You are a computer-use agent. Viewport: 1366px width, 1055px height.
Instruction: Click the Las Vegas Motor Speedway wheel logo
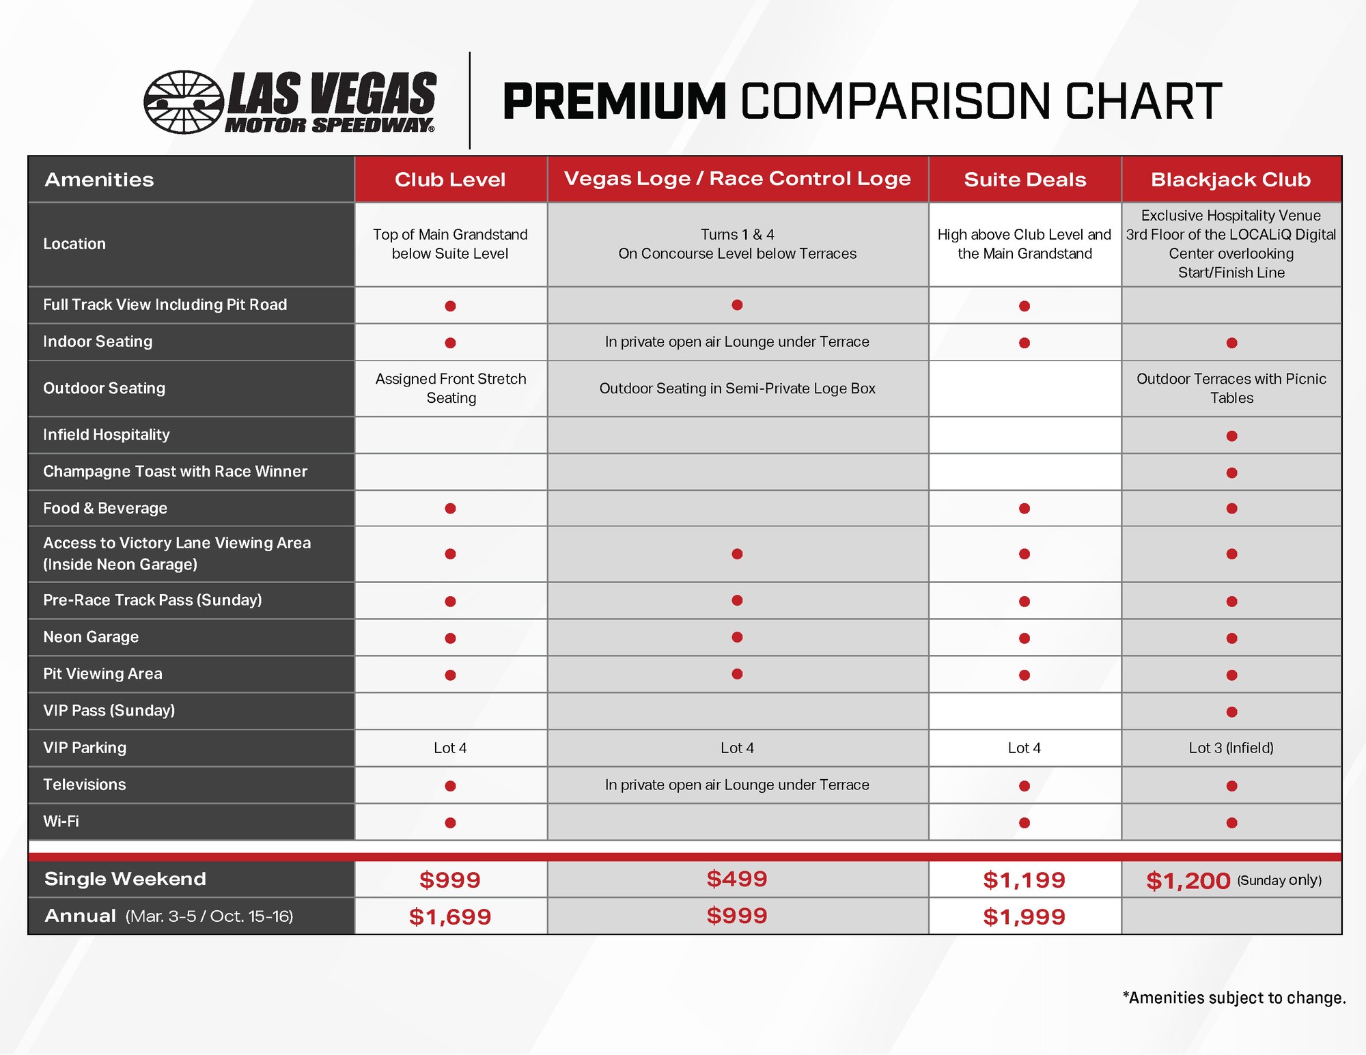point(183,102)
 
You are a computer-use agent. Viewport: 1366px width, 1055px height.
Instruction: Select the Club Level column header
point(450,180)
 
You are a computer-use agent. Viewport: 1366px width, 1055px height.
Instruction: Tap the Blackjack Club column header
point(1231,180)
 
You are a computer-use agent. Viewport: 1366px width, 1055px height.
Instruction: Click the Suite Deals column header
point(1024,180)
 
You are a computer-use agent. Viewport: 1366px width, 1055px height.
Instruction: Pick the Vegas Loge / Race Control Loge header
point(737,179)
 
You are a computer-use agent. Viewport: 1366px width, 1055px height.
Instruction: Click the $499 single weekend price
point(737,879)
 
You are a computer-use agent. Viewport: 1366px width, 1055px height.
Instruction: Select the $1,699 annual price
point(450,916)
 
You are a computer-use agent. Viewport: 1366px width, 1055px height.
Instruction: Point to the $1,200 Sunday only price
point(1188,881)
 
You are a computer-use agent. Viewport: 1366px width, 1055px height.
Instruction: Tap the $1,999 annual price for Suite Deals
point(1024,916)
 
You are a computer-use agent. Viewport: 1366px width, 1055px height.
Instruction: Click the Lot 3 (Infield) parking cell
point(1231,748)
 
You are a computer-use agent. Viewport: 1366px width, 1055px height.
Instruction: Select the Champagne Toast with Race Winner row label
point(175,471)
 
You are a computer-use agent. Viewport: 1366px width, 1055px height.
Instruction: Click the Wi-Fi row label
point(61,821)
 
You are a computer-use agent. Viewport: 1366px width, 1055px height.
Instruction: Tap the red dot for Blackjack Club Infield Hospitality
point(1231,436)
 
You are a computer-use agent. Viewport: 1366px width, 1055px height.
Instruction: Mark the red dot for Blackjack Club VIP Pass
point(1231,712)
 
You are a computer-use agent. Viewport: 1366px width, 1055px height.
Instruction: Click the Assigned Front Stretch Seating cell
point(451,388)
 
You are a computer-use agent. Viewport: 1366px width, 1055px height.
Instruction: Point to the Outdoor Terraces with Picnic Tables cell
point(1231,388)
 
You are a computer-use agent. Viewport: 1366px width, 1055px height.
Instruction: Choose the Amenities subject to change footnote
point(1234,998)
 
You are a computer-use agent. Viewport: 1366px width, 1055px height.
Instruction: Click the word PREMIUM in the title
point(614,102)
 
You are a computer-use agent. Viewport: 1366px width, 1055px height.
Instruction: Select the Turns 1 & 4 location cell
point(737,244)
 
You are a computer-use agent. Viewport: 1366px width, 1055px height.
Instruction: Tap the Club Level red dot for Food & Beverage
point(450,508)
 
